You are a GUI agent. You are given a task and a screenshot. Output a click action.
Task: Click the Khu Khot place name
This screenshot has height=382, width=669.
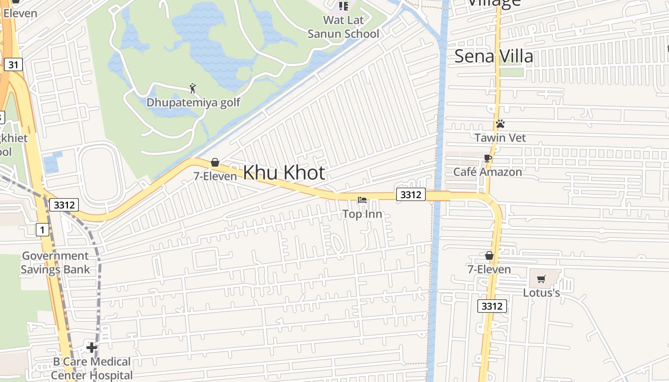point(284,173)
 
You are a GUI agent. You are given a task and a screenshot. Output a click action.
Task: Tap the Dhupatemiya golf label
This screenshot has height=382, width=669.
point(193,102)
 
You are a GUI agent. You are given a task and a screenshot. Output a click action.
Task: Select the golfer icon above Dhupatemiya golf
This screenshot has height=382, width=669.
point(193,88)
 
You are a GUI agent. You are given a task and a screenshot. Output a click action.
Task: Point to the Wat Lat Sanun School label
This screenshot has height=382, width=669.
point(343,27)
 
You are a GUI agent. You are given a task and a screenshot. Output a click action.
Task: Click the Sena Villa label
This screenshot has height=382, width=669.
point(494,56)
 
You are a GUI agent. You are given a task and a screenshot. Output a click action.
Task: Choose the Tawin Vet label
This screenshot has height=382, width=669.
point(500,138)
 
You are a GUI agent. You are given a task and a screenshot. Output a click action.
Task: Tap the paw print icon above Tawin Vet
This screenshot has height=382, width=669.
point(500,124)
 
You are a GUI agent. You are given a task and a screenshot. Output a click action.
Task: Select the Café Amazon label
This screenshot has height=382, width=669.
point(487,172)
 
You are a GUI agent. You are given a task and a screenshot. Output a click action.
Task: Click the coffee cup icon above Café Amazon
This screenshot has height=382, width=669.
point(487,158)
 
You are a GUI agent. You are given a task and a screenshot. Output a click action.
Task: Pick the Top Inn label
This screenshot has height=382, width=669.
point(362,214)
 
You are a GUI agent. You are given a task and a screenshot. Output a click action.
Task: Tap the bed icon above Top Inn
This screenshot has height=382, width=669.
point(362,200)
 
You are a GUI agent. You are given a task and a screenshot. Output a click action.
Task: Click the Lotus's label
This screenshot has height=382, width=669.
point(541,293)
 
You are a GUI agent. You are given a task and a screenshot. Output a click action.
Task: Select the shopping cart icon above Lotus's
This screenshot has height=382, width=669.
point(541,279)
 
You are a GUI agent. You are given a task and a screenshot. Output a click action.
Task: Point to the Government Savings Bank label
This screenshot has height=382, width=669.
point(55,263)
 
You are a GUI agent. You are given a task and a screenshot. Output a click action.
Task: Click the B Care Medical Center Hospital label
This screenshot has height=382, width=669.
point(92,369)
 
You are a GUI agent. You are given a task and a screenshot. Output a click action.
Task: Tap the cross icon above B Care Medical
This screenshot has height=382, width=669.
point(92,348)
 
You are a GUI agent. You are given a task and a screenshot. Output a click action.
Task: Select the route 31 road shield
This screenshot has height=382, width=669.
point(14,64)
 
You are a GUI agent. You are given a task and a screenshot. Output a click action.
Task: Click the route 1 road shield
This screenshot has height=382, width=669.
point(43,230)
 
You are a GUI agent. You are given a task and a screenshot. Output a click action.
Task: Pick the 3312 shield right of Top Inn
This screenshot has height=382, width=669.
point(410,194)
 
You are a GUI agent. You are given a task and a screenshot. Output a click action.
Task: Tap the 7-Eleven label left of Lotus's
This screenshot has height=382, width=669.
point(489,269)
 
